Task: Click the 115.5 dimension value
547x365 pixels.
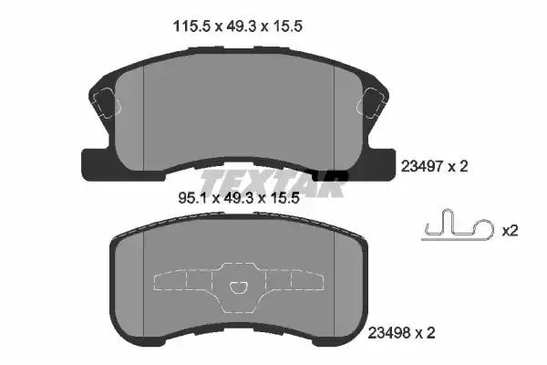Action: click(x=192, y=26)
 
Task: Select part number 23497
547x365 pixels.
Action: click(x=422, y=167)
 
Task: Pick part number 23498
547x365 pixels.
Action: click(x=389, y=333)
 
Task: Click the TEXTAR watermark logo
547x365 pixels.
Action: click(x=273, y=182)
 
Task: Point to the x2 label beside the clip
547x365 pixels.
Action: click(x=510, y=231)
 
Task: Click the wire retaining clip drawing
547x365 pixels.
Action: click(x=458, y=225)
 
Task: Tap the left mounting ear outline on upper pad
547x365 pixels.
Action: click(x=107, y=101)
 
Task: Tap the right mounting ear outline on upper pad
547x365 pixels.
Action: click(x=370, y=101)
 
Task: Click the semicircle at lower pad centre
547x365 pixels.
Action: click(x=239, y=287)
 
